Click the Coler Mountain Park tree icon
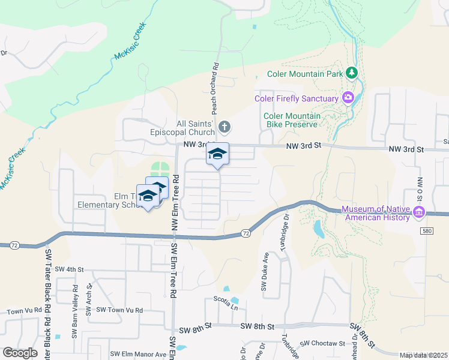pyautogui.click(x=352, y=74)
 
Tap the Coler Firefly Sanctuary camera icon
pyautogui.click(x=348, y=97)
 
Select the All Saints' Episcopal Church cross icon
pyautogui.click(x=224, y=127)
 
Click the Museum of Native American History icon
pyautogui.click(x=419, y=212)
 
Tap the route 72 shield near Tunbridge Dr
pyautogui.click(x=246, y=232)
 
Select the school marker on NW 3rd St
pyautogui.click(x=217, y=154)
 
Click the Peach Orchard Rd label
pyautogui.click(x=214, y=87)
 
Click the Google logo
pyautogui.click(x=20, y=353)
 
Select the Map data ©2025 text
pyautogui.click(x=423, y=355)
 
